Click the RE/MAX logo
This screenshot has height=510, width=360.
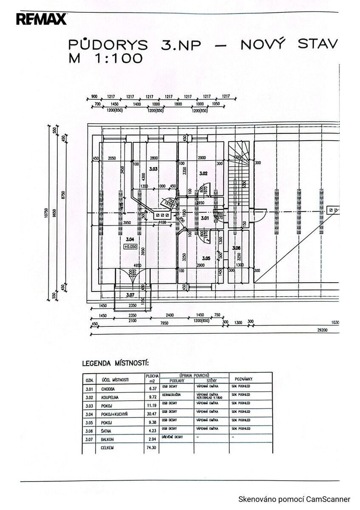point(42,19)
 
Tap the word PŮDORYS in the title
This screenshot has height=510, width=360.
point(108,45)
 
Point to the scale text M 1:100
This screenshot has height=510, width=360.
point(105,58)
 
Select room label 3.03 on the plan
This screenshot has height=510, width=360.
point(153,169)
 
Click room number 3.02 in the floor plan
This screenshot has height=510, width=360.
point(203,173)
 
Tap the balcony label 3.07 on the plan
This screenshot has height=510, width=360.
point(130,294)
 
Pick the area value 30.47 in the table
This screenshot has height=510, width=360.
point(152,414)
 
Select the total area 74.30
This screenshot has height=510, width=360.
point(152,447)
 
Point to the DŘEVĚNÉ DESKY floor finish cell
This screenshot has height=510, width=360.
point(173,437)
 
